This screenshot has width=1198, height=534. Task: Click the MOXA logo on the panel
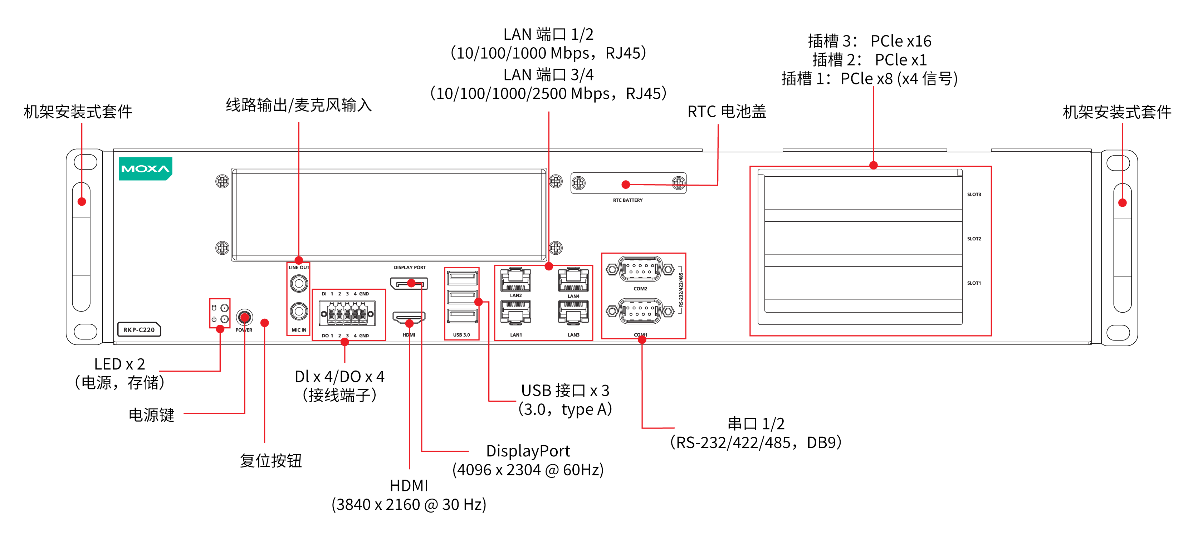coord(145,168)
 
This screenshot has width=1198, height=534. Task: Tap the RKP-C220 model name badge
coord(138,329)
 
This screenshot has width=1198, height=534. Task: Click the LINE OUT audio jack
coord(299,283)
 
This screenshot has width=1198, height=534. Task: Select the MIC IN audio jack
coord(299,311)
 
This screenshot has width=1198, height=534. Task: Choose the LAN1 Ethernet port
coord(515,312)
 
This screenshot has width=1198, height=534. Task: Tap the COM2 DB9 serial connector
coord(640,269)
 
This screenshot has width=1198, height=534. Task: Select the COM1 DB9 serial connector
coord(640,311)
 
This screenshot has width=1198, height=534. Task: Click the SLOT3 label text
coord(974,195)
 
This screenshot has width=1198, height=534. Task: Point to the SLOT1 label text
coord(974,283)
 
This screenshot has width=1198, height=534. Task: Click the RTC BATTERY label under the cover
coord(627,200)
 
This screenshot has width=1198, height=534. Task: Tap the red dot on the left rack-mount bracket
coord(82,201)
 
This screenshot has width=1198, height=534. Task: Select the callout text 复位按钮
coord(271,461)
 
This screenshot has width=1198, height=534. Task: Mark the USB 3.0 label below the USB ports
coord(461,335)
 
